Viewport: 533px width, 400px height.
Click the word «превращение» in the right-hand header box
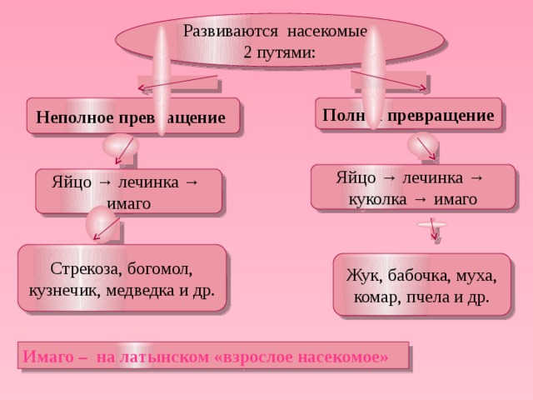451,114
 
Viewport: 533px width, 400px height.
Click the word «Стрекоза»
84,269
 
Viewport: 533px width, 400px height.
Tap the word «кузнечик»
62,291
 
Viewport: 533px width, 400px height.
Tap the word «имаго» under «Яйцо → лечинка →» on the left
128,203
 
